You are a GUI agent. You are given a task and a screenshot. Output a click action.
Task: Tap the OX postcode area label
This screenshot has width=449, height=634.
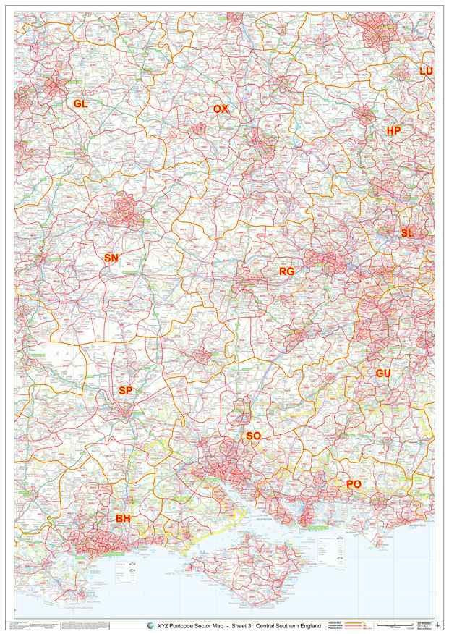pos(221,109)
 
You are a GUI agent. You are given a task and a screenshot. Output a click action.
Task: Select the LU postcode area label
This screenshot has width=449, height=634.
pos(427,71)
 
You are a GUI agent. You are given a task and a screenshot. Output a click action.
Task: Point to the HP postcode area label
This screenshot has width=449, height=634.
pos(394,131)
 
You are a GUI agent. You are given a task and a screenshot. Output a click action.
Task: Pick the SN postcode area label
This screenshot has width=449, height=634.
pos(111,258)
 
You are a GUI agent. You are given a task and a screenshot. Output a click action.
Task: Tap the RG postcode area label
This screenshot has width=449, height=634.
pos(286,271)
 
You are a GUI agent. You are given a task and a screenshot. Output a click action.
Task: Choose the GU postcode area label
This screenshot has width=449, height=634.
pos(383,373)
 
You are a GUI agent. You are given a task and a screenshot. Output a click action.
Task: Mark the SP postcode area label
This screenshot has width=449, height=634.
pos(126,391)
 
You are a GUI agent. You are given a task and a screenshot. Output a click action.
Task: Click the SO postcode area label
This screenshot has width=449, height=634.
pos(253,436)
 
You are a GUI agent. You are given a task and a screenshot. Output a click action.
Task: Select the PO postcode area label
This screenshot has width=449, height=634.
pos(354,483)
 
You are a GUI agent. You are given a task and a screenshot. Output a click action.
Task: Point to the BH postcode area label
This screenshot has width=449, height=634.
pos(123,518)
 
